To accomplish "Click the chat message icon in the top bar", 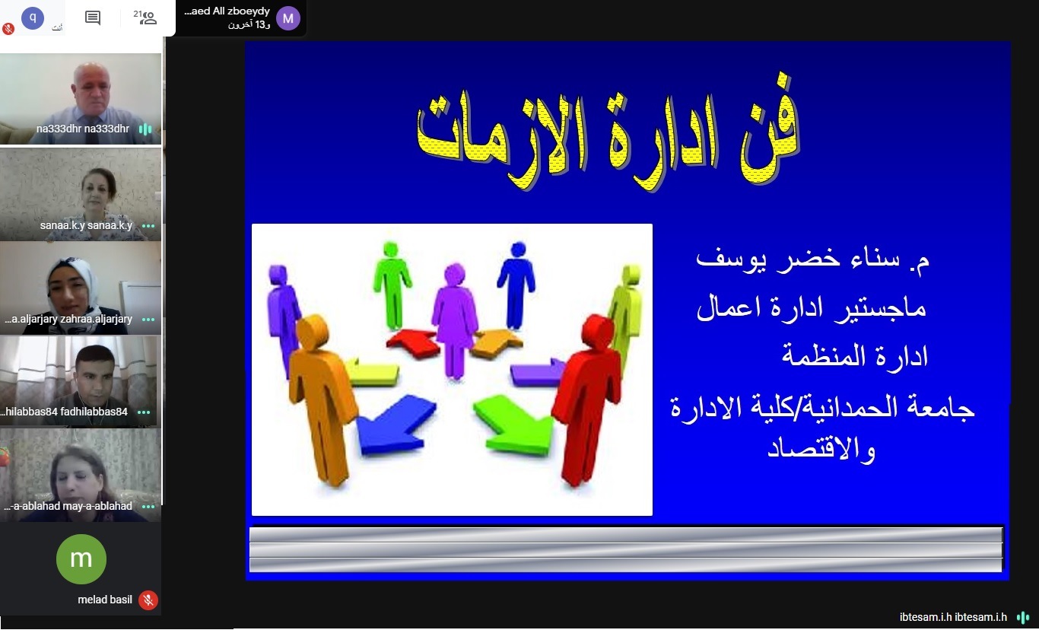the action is [93, 18].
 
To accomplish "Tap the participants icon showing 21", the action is [145, 17].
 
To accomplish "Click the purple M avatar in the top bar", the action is [288, 18].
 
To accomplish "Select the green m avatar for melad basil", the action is [81, 559].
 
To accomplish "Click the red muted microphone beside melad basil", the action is [148, 600].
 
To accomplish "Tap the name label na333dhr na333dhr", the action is [83, 129].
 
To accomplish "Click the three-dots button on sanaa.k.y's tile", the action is [148, 226].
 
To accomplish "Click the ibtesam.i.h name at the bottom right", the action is [953, 617].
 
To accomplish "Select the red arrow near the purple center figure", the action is [412, 343].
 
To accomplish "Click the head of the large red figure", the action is [599, 331].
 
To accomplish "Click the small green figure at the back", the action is [392, 285].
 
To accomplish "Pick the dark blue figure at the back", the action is [516, 285].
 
